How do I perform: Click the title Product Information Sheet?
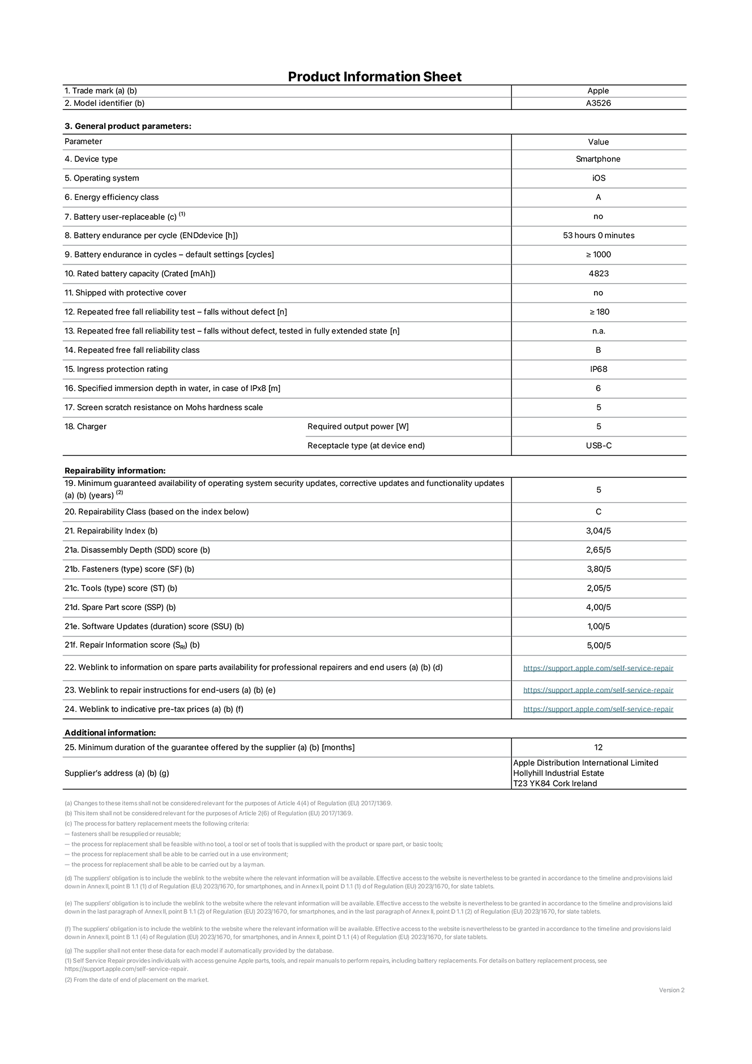point(374,76)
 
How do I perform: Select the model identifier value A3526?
point(598,103)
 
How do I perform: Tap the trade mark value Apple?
point(598,91)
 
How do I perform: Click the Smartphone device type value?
point(598,159)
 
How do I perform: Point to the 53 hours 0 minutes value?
point(598,236)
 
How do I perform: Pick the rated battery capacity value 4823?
point(598,274)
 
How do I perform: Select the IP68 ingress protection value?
point(598,369)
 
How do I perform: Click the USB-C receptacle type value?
point(598,446)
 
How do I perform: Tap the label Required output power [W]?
point(358,426)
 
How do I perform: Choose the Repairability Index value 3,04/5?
point(598,531)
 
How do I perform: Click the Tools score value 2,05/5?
point(598,588)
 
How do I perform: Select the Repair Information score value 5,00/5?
point(598,646)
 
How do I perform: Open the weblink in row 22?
point(598,668)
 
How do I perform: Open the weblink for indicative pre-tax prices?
point(598,709)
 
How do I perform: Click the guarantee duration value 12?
point(598,747)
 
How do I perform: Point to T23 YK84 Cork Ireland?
point(555,784)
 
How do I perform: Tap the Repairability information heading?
point(115,471)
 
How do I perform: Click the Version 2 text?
point(671,990)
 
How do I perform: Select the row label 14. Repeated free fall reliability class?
point(132,350)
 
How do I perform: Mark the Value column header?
point(598,142)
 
